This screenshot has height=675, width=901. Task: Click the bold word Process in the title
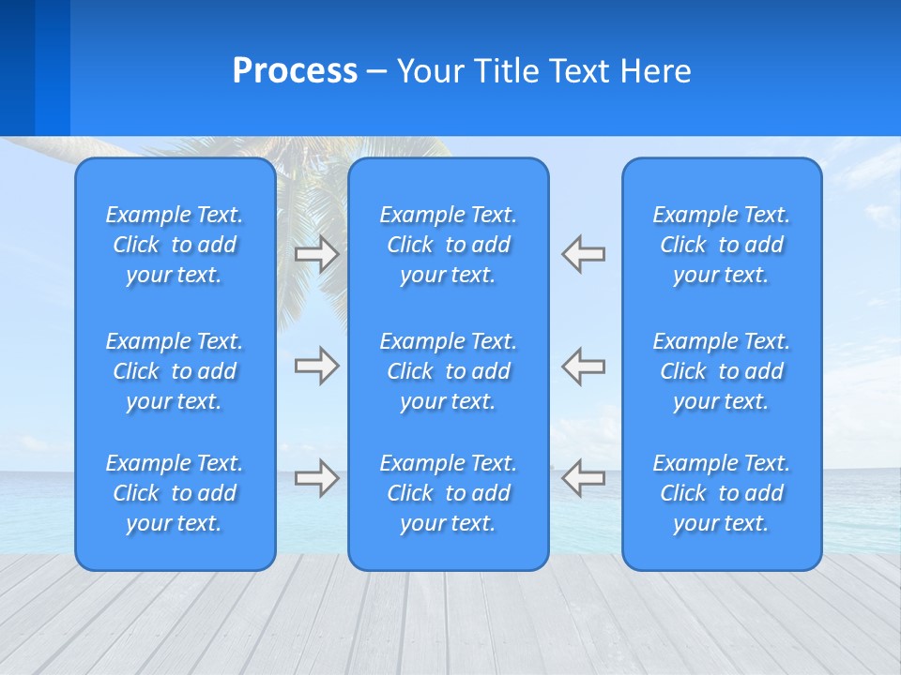295,71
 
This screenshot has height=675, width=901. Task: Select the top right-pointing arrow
317,254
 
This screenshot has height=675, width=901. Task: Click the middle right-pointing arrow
317,366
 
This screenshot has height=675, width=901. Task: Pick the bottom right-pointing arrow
317,478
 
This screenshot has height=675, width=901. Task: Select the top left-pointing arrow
583,254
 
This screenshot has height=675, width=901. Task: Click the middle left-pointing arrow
583,366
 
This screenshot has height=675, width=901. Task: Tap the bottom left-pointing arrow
583,478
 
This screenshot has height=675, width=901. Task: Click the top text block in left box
175,245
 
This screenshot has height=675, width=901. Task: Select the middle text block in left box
175,371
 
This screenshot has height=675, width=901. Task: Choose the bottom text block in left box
175,493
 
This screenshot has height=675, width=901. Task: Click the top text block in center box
448,245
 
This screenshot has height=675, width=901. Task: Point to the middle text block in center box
448,371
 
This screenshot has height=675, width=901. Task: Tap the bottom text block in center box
448,493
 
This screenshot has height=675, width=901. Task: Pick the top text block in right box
721,245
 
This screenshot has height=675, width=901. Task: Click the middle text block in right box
721,371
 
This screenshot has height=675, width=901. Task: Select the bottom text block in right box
721,493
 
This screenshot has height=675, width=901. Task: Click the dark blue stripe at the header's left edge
17,67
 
